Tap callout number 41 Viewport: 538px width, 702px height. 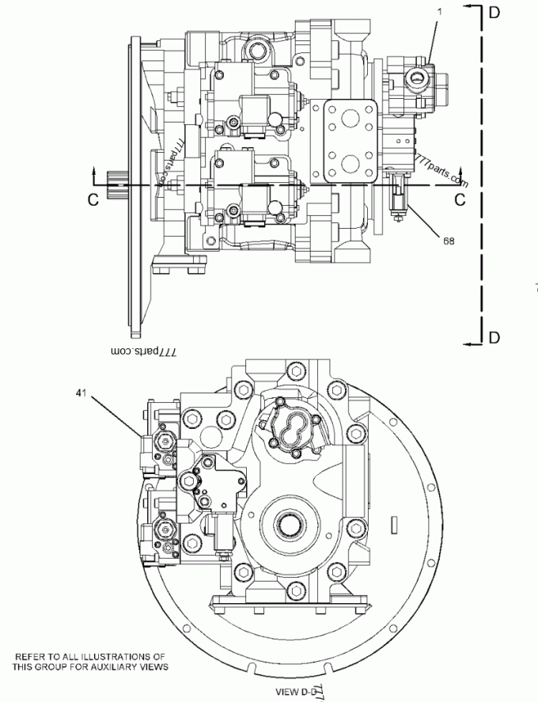tap(80, 391)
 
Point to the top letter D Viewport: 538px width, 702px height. tap(494, 11)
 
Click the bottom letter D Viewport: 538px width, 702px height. tap(494, 338)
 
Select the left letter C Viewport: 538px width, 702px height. tap(93, 200)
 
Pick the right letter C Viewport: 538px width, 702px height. tap(459, 200)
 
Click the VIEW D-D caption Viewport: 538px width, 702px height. tap(298, 691)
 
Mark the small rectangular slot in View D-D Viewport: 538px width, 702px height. tap(392, 523)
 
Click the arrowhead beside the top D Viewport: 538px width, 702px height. tap(471, 6)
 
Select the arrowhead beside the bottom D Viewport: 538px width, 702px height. tap(471, 343)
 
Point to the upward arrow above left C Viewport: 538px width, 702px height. tap(95, 173)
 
